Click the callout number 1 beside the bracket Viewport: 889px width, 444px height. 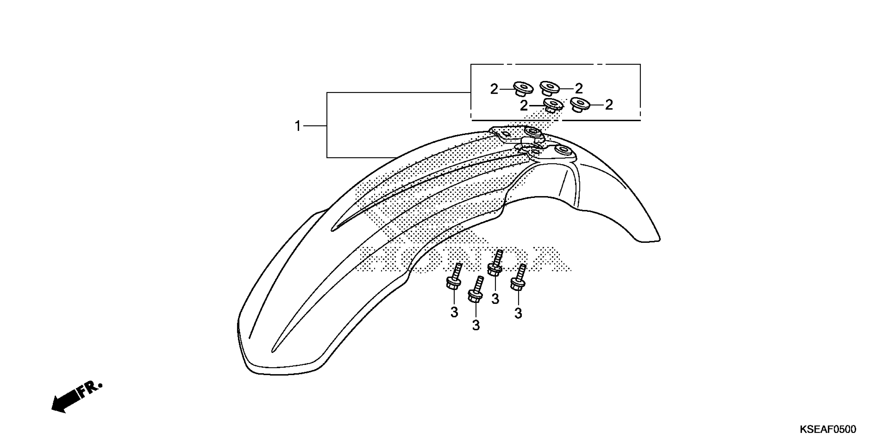pos(298,126)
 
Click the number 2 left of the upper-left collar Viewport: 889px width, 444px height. pos(494,89)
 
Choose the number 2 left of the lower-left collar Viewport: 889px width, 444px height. pos(524,106)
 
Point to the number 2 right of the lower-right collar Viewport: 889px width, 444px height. pos(609,105)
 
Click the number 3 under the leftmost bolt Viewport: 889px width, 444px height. pos(454,312)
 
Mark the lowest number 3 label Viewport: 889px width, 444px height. pos(476,325)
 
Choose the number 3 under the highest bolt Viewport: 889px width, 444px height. pos(495,299)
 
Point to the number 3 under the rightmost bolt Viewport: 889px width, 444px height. pos(518,313)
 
